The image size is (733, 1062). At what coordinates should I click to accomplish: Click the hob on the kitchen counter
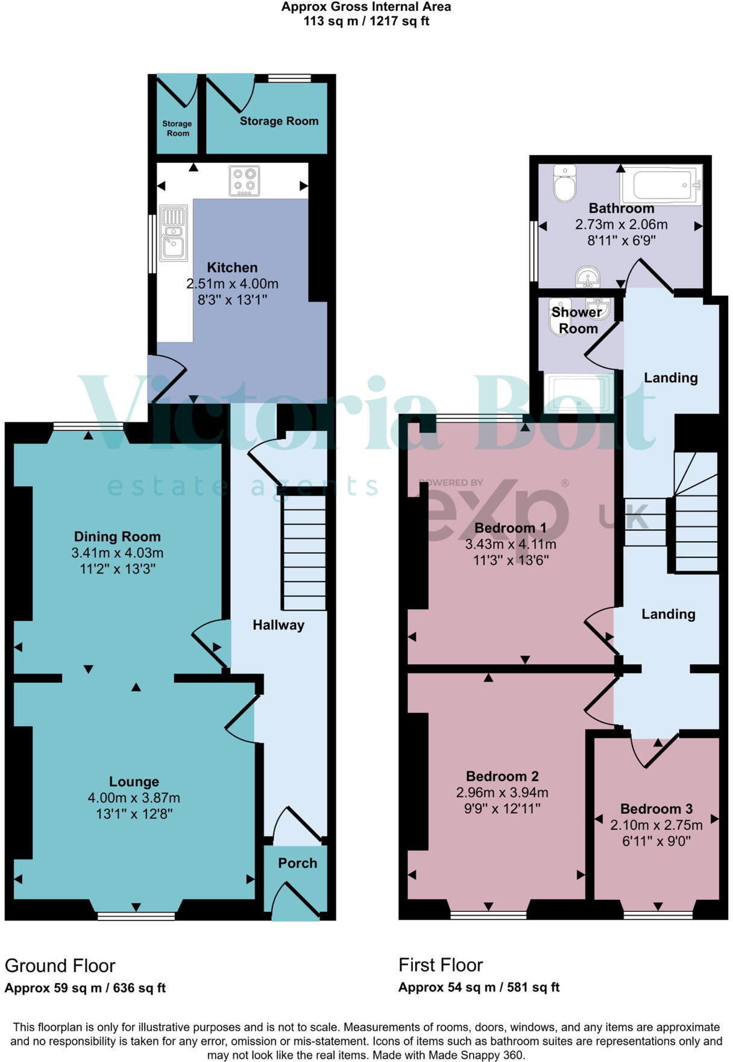click(244, 181)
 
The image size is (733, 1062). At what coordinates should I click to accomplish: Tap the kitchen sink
click(174, 233)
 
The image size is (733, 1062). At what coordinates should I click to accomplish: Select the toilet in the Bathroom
click(565, 183)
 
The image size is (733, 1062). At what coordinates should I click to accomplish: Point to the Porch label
click(297, 863)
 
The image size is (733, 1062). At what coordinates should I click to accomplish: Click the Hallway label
click(278, 625)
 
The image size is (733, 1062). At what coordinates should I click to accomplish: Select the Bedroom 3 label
click(656, 809)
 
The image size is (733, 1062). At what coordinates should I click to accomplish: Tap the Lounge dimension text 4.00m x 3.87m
click(134, 798)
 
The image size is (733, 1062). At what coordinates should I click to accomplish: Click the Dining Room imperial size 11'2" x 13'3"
click(118, 569)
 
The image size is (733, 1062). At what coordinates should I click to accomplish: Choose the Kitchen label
click(232, 268)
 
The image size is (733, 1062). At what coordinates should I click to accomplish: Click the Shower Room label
click(577, 320)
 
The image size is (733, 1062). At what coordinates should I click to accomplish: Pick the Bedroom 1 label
click(510, 528)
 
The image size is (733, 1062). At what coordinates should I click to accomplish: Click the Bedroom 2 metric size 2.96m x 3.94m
click(502, 793)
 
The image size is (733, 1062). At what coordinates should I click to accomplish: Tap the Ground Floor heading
click(60, 966)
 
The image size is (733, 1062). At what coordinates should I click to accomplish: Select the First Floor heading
click(441, 965)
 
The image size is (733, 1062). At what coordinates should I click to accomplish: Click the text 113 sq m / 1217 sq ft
click(366, 21)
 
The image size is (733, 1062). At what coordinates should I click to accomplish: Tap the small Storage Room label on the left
click(177, 128)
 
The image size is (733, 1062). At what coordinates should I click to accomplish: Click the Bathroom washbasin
click(587, 277)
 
